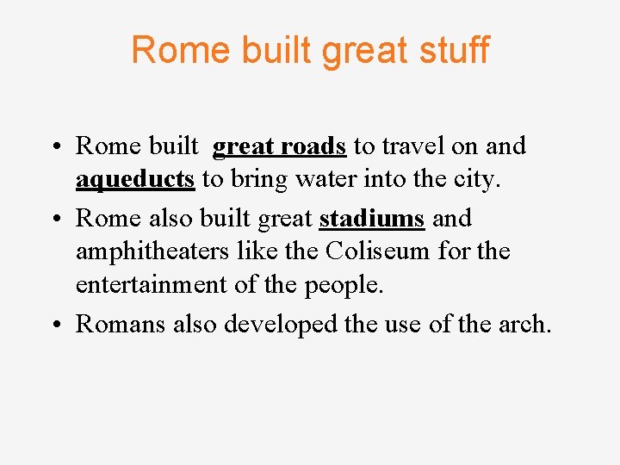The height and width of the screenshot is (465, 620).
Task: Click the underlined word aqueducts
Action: coord(135,179)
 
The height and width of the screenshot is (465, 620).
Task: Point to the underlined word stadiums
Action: coord(372,219)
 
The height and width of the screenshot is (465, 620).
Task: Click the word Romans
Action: coord(121,324)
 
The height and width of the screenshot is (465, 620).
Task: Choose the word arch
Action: coord(524,324)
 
